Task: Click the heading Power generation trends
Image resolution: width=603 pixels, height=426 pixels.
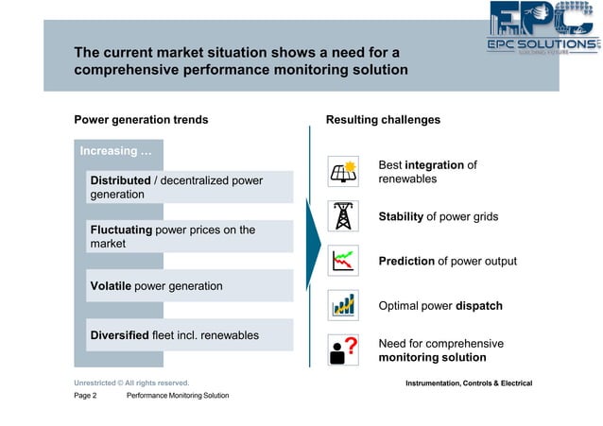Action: click(141, 120)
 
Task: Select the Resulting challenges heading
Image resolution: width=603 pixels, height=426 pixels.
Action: click(383, 120)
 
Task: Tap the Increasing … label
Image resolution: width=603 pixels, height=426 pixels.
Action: click(115, 151)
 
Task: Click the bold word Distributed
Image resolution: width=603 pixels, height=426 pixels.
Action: click(120, 180)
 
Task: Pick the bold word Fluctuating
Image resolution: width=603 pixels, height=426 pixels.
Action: click(124, 230)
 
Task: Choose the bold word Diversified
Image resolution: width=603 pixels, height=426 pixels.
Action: click(119, 335)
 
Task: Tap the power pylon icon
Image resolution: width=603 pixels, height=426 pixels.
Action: click(342, 216)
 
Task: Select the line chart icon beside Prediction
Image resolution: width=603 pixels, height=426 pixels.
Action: click(342, 261)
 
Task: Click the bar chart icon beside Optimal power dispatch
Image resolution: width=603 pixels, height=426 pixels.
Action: click(342, 305)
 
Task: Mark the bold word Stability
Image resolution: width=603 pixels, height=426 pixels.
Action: click(401, 216)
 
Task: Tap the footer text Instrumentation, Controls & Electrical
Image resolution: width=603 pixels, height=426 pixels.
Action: click(468, 383)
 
